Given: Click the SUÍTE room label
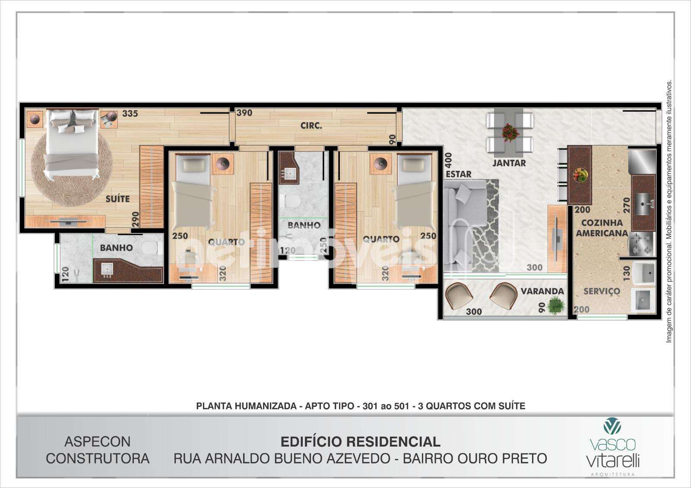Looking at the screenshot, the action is (117, 199).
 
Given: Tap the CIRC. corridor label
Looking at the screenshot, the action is (311, 126).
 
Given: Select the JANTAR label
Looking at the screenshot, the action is (509, 163).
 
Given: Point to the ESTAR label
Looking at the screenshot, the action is (459, 174).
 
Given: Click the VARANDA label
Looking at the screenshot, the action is (542, 291).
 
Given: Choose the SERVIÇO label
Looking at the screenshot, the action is (602, 291).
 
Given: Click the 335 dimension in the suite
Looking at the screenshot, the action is (130, 113).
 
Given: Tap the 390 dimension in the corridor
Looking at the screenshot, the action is (244, 113).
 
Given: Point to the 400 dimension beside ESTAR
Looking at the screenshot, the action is (449, 161).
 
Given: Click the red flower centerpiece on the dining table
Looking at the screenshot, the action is (510, 132).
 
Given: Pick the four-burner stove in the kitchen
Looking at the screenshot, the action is (642, 243).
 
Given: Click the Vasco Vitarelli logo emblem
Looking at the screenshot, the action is (612, 426).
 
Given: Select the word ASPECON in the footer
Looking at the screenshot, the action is (98, 442).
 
